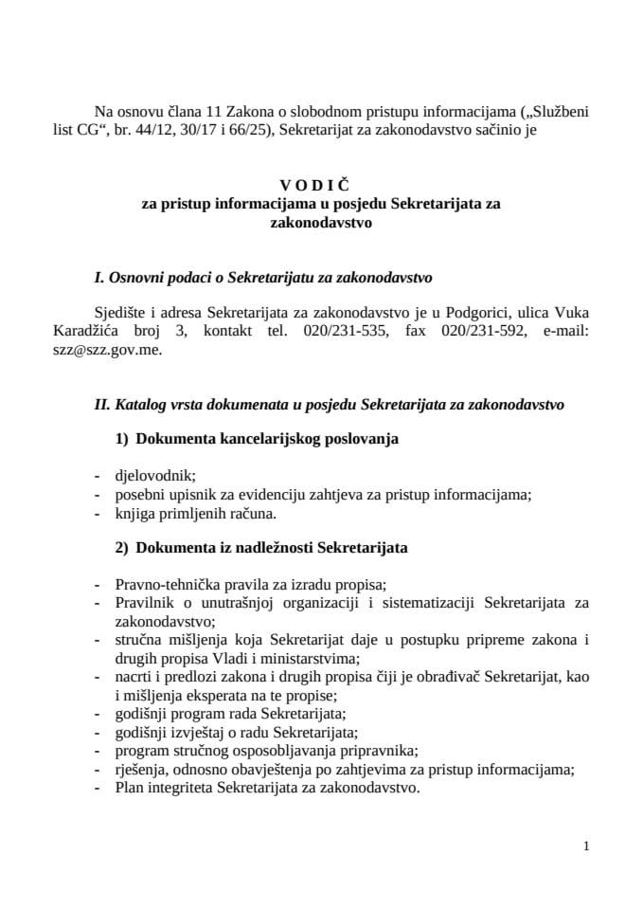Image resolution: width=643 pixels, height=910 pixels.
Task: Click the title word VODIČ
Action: [321, 188]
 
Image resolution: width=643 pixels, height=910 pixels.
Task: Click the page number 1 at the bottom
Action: [587, 846]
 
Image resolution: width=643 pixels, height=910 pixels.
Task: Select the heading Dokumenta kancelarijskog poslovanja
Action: [268, 439]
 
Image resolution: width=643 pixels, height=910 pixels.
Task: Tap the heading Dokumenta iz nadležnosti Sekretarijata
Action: [273, 547]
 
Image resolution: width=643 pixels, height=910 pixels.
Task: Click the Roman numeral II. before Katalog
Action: [102, 403]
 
